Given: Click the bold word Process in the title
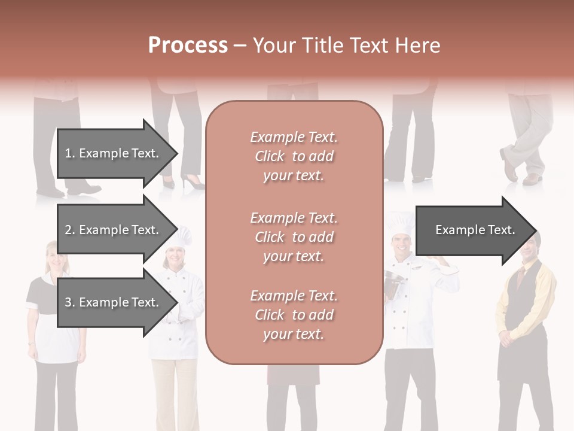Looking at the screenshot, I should (x=188, y=45).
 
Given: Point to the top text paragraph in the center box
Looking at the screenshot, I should (x=294, y=156).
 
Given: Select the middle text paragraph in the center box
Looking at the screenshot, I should (x=294, y=237).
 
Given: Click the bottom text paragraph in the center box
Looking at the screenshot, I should (x=294, y=315).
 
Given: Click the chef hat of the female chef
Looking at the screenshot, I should (x=180, y=235).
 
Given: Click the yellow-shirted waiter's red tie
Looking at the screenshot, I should (x=521, y=277).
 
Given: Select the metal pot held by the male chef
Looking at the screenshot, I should (x=394, y=281).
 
